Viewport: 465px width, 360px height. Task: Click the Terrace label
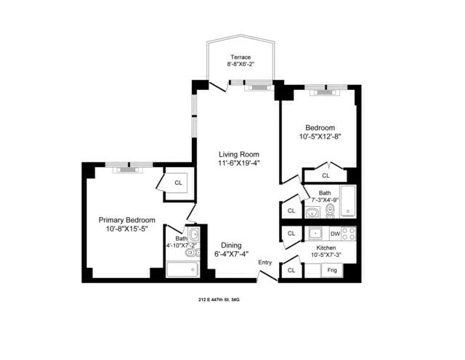[240, 57]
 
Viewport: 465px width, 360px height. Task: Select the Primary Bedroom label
[127, 220]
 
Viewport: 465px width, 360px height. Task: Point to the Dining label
[232, 245]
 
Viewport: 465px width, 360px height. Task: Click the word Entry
[264, 263]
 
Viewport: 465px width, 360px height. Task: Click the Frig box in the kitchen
[331, 270]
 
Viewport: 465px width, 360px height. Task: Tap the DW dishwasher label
[335, 234]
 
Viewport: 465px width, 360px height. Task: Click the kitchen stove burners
[349, 234]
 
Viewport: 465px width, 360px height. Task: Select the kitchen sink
[315, 234]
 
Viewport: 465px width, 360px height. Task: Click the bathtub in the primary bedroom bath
[182, 270]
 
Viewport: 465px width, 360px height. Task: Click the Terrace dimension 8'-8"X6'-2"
[240, 65]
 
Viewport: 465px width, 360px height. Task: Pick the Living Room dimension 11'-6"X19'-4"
[240, 163]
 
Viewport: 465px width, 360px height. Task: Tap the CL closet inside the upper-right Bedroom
[325, 175]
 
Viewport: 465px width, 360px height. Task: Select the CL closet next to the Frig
[291, 270]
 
